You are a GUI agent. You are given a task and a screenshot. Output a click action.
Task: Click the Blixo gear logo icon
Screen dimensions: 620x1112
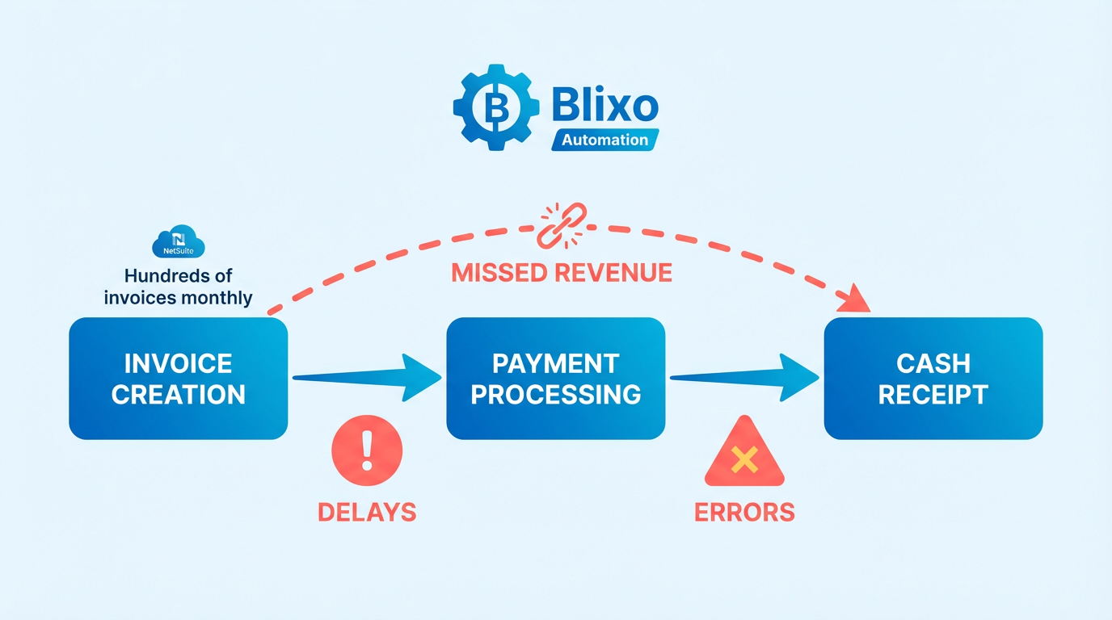tap(495, 108)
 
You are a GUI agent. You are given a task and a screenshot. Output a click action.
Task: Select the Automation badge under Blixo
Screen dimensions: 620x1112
tap(605, 140)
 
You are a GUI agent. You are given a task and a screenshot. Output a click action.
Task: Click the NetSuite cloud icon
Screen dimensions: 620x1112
tap(179, 241)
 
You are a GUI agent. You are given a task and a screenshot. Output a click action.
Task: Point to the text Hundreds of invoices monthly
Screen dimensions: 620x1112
tap(179, 287)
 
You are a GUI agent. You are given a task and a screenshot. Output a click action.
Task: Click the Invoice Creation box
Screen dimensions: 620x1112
tap(179, 379)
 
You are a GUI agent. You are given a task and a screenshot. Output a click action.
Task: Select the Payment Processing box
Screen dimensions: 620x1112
tap(556, 379)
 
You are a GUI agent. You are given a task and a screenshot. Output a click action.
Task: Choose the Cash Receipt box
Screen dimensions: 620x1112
tap(933, 379)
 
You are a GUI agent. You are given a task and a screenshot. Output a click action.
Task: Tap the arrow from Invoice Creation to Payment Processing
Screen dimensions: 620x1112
tap(367, 377)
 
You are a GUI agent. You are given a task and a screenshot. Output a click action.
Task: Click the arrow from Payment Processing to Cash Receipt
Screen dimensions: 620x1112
tap(744, 377)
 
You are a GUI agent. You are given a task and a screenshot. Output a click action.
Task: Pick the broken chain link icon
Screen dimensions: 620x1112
tap(560, 225)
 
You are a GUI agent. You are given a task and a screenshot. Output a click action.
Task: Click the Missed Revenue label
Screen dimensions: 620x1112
tap(562, 273)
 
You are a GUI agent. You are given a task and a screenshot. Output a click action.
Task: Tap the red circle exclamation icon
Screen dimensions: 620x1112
tap(367, 450)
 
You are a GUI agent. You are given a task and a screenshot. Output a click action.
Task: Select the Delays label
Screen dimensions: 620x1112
tap(367, 512)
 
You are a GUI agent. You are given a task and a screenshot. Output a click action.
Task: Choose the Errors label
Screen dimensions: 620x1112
tap(744, 512)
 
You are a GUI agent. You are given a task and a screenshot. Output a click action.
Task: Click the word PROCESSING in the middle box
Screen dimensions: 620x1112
tap(556, 395)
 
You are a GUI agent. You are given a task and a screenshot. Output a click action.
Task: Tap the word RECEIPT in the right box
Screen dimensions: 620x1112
tap(933, 395)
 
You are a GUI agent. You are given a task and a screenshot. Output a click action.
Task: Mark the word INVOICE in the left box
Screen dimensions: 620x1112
tap(179, 363)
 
